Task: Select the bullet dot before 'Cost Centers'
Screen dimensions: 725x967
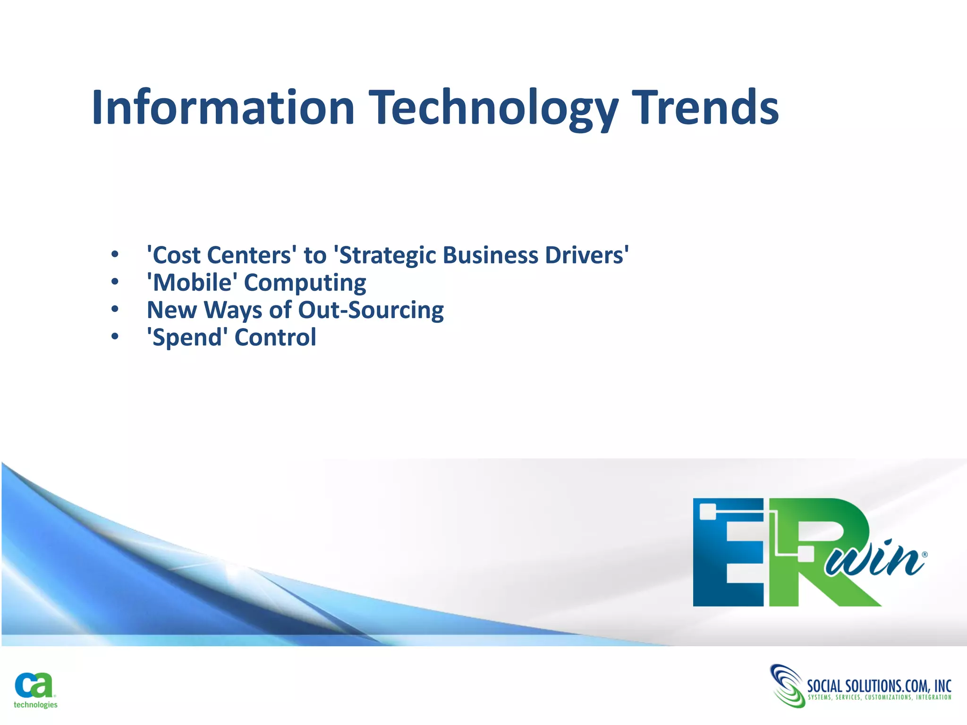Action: click(x=115, y=255)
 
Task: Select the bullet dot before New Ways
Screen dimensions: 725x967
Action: click(x=115, y=310)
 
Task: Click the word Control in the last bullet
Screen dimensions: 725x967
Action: click(x=275, y=337)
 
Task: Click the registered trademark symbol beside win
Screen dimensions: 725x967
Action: click(x=925, y=555)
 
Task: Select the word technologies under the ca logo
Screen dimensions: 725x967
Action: click(x=35, y=705)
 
